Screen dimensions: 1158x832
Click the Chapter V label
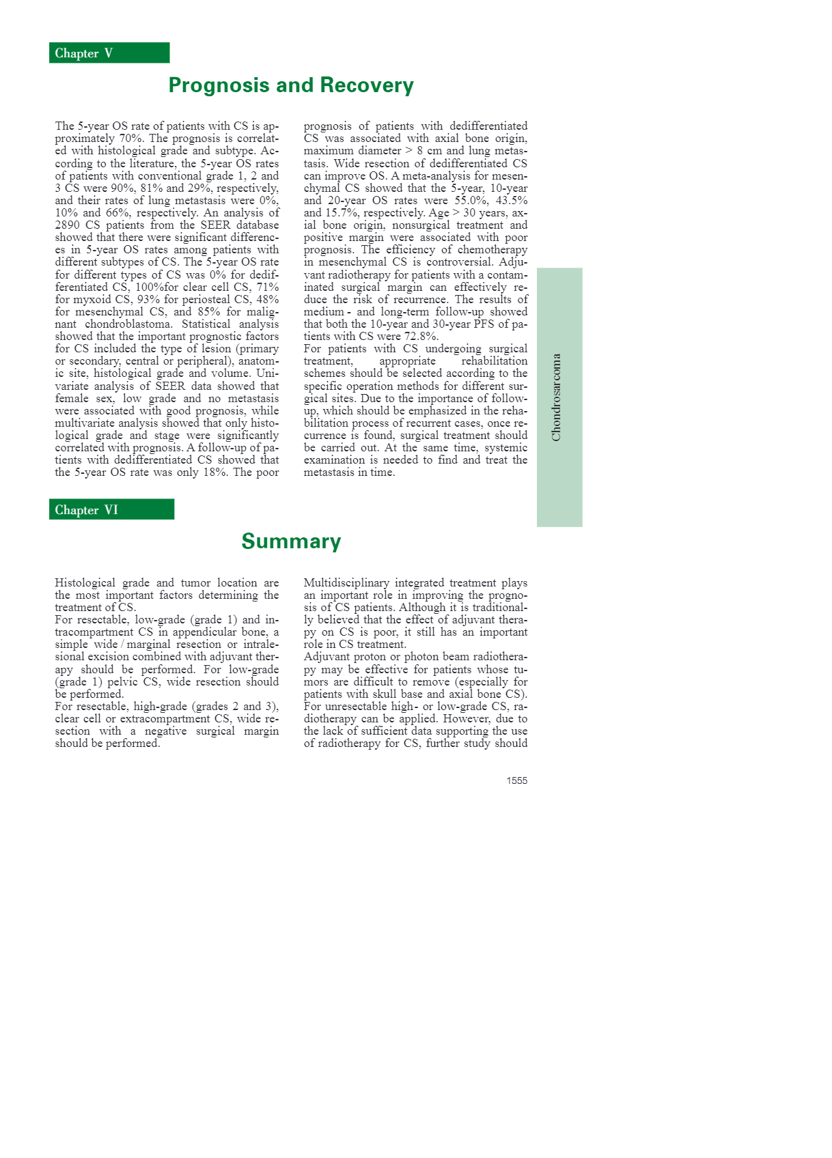pos(84,53)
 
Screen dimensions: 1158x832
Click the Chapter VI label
pos(87,510)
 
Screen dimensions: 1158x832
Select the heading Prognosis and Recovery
pos(291,85)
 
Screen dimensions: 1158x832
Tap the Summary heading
pos(291,541)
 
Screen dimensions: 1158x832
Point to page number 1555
pos(516,780)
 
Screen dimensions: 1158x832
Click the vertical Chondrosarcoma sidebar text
pos(557,397)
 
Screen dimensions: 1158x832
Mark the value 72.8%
pos(421,337)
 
